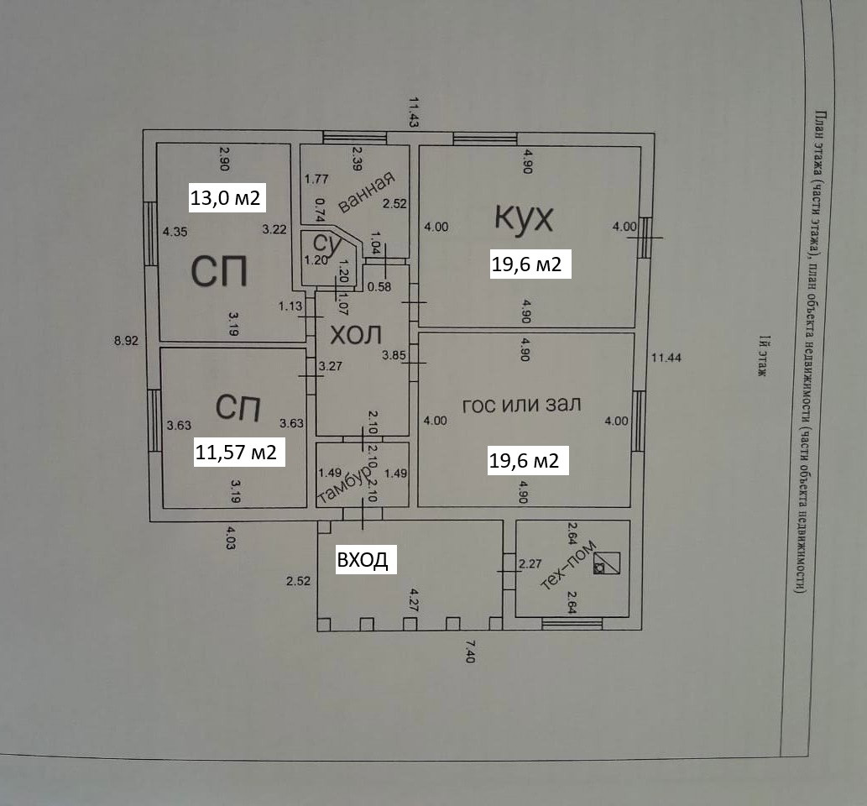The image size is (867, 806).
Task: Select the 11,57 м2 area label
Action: coord(236,452)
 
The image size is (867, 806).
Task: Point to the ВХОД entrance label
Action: coord(363,560)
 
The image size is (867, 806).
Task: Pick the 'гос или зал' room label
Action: coord(521,405)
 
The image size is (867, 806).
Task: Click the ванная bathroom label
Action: coord(366,191)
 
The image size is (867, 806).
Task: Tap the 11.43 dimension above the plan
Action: coord(413,112)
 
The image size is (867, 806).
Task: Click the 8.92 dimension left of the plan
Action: coord(126,340)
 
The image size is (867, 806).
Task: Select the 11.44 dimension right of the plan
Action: coord(666,358)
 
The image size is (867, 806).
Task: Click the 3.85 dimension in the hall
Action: coord(394,355)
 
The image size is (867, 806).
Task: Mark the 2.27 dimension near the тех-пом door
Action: coord(530,563)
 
